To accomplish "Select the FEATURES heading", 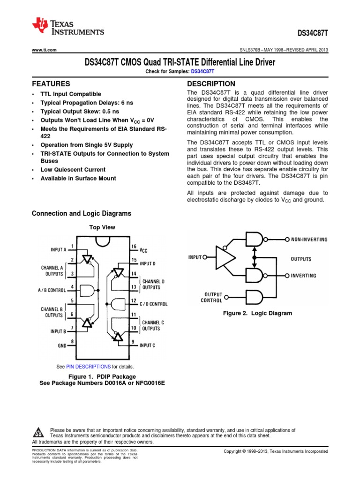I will click(x=51, y=84).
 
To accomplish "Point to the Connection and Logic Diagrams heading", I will click(x=81, y=214).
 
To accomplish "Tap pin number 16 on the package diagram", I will click(x=134, y=246).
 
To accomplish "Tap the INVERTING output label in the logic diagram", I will click(x=303, y=276).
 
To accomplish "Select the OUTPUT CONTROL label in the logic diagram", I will click(x=211, y=297).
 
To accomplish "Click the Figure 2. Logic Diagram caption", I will click(x=257, y=313).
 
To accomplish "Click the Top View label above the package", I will click(x=102, y=227).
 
